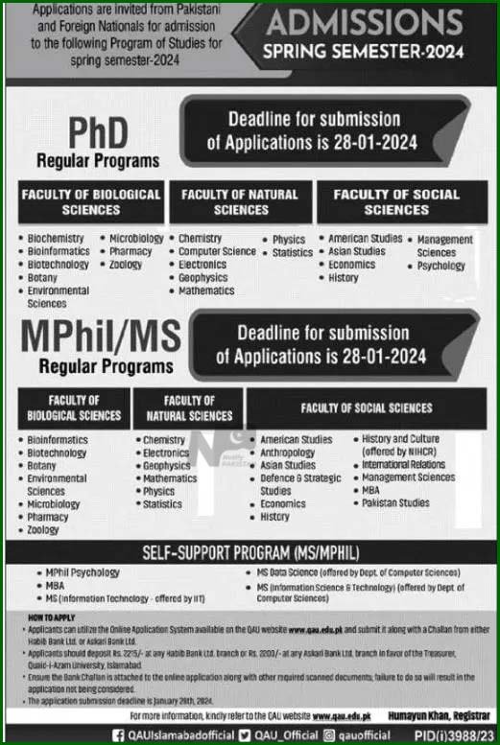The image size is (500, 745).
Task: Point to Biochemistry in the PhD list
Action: tap(56, 239)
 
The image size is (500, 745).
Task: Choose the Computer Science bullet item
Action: tap(217, 251)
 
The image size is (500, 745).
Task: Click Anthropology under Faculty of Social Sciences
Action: tap(288, 453)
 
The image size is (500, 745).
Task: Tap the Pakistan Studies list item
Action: tap(395, 502)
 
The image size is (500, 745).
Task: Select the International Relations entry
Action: tap(403, 465)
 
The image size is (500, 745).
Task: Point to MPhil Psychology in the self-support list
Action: tap(83, 572)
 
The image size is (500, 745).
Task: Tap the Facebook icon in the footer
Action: tap(118, 734)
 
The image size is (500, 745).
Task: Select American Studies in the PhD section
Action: tap(365, 239)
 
